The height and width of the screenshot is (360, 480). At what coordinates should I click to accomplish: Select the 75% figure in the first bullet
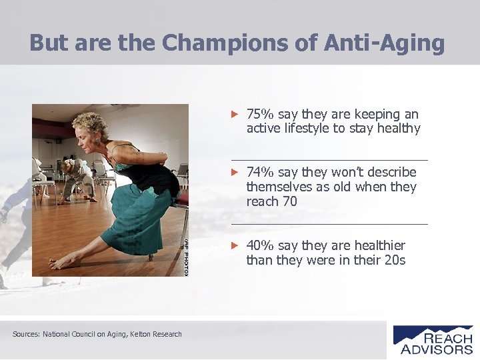(x=261, y=115)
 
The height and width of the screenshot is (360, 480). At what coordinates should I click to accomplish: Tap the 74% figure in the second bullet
(x=261, y=173)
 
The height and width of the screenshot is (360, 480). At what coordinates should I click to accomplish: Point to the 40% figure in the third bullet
(x=261, y=246)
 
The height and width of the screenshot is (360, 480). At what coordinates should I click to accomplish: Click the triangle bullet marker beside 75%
(x=234, y=115)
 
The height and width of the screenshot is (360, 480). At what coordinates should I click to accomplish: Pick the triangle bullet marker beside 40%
(x=234, y=246)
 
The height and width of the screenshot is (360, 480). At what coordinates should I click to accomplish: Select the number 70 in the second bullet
(x=289, y=201)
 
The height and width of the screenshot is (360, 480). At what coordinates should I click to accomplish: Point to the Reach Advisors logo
(x=433, y=339)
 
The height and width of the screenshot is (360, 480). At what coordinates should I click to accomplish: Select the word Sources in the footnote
(x=26, y=334)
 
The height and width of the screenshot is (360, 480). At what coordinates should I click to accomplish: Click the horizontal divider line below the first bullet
(x=330, y=160)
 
